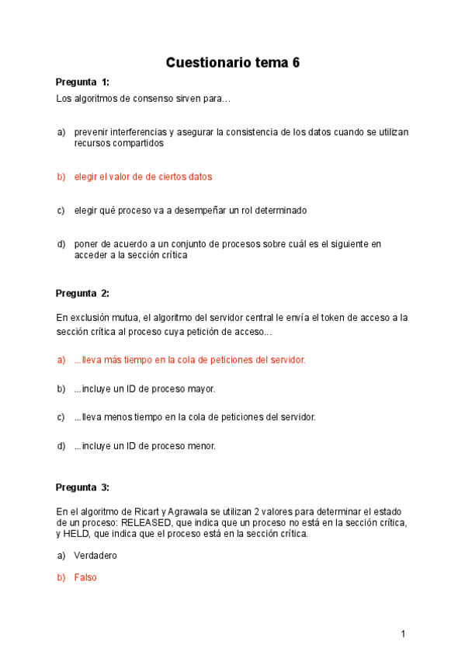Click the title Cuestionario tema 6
[x=232, y=63]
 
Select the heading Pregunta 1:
[x=82, y=82]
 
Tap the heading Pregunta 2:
[x=82, y=293]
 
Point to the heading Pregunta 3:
[x=82, y=487]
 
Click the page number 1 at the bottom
[x=403, y=634]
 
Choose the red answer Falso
[x=85, y=577]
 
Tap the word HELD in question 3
[x=77, y=534]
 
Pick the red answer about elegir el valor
[x=143, y=176]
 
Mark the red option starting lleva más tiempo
[x=189, y=359]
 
